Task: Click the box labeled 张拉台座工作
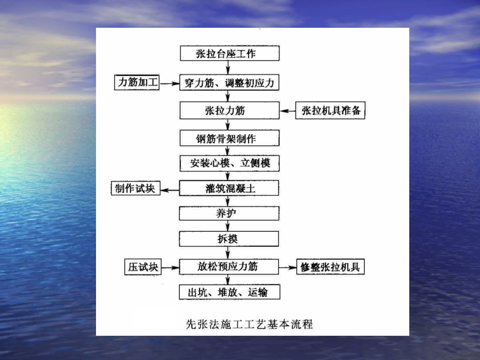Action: [229, 54]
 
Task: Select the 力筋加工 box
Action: [137, 82]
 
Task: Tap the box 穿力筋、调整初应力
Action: [229, 82]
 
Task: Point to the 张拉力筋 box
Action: [229, 110]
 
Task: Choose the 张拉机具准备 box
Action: [330, 111]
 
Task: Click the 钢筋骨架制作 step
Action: [229, 137]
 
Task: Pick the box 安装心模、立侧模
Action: [229, 163]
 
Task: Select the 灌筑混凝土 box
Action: [229, 189]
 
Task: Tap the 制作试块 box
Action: [135, 189]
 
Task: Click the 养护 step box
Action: [229, 213]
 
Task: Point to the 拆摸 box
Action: [229, 239]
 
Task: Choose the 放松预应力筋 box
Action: [229, 266]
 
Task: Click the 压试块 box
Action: [142, 267]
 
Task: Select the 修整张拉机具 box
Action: [330, 267]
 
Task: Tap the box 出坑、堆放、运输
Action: [229, 292]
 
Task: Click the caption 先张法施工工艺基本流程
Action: [250, 324]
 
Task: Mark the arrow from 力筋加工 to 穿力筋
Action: [170, 83]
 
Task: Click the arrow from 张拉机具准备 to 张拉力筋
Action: [287, 111]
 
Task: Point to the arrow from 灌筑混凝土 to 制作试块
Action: [170, 189]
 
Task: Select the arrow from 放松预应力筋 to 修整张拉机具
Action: [287, 267]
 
